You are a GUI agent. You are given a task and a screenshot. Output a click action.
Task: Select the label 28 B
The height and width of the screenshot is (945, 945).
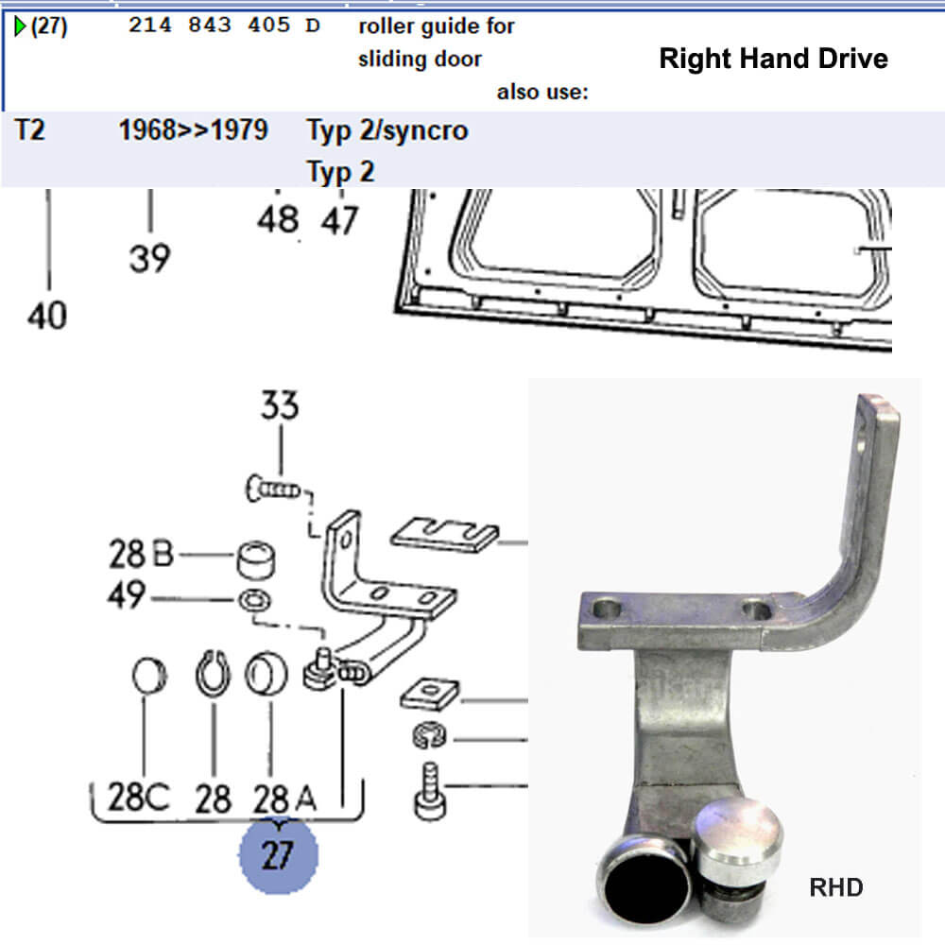point(141,555)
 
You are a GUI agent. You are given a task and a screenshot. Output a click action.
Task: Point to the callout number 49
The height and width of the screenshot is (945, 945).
point(125,596)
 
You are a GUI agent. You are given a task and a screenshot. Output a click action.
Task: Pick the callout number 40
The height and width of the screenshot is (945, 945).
point(47,316)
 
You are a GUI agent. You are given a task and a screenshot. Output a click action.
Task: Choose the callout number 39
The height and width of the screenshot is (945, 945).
point(150,257)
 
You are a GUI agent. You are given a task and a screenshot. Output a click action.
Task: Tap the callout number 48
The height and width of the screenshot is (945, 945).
point(278,220)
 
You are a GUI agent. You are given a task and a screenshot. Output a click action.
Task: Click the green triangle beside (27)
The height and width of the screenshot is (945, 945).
point(20,26)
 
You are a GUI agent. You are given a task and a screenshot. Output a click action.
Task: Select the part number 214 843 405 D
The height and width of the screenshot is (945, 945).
point(224,26)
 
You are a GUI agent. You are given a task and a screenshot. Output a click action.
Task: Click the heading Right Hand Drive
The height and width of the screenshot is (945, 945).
point(773,60)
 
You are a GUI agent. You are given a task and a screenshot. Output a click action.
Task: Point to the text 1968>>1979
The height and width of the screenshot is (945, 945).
point(193,130)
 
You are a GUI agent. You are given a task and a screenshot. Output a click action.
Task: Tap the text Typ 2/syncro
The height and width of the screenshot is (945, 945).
point(387,130)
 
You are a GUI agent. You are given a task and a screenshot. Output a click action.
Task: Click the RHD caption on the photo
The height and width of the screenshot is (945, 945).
point(836,887)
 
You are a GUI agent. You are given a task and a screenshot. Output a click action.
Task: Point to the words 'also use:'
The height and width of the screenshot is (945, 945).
point(542,93)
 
